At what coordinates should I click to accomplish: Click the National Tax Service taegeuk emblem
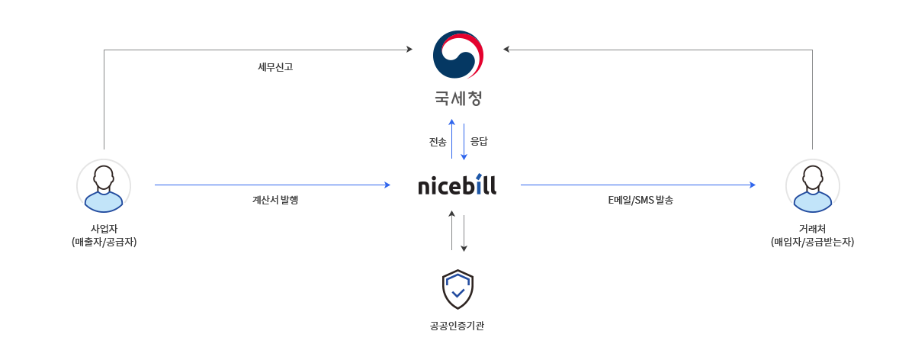click(458, 54)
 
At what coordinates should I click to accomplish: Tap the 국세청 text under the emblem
click(458, 98)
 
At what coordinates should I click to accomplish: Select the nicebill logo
click(457, 185)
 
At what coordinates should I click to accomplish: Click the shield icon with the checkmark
click(458, 289)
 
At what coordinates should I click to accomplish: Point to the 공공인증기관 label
click(457, 326)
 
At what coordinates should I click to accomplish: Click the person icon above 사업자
click(104, 186)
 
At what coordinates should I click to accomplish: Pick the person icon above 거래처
click(813, 186)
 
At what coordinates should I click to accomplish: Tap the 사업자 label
click(104, 228)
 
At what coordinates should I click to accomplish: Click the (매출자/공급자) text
click(104, 242)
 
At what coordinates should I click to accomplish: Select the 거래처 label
click(813, 228)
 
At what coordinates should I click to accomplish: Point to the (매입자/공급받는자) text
click(813, 242)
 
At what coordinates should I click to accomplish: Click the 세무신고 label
click(275, 67)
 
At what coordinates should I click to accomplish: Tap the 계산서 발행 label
click(275, 200)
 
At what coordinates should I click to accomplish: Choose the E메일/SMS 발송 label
click(640, 200)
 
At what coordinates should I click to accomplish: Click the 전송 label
click(438, 142)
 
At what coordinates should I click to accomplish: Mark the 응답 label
click(479, 141)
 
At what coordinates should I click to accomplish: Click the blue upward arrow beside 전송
click(451, 139)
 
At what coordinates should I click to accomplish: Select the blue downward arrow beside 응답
click(464, 142)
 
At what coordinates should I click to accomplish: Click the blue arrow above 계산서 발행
click(272, 185)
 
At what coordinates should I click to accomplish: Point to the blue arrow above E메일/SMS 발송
click(638, 185)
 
